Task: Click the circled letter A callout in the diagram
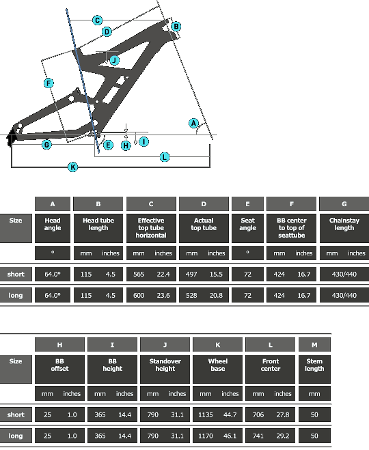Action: [x=193, y=124]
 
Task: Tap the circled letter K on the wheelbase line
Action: [x=72, y=167]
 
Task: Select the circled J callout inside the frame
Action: [x=114, y=60]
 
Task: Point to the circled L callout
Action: [x=164, y=157]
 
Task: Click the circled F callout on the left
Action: [x=49, y=83]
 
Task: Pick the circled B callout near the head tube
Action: [x=176, y=27]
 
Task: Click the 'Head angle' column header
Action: [x=53, y=228]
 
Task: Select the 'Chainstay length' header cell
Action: [x=344, y=228]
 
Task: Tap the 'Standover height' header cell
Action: [x=165, y=369]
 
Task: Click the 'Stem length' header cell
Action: [x=314, y=369]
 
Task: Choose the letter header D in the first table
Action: [x=204, y=204]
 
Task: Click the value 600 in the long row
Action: [x=139, y=295]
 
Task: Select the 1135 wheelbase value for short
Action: [x=206, y=414]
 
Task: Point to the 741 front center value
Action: [x=258, y=436]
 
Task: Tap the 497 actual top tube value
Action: [x=191, y=274]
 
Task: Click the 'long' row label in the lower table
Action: [x=16, y=436]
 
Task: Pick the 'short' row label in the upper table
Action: [x=16, y=274]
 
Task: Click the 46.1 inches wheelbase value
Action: [x=230, y=436]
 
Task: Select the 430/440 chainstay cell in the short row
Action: [x=344, y=274]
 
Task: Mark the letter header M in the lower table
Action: [x=314, y=345]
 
